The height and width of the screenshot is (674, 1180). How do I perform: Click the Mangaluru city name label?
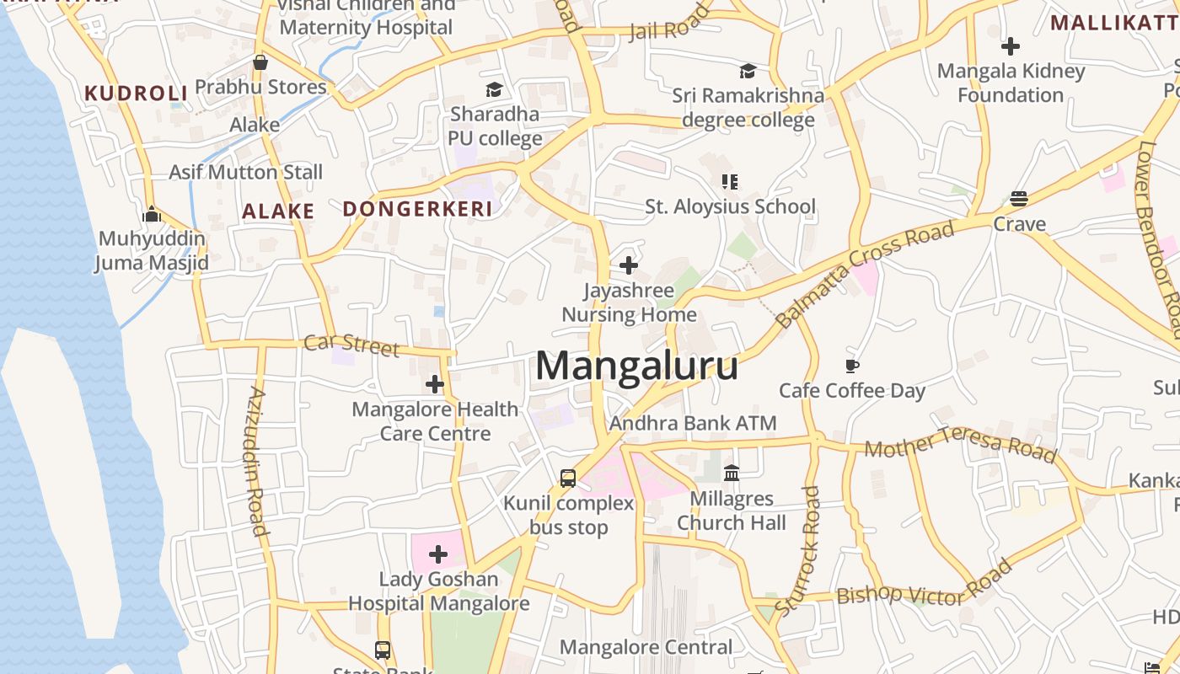coord(636,366)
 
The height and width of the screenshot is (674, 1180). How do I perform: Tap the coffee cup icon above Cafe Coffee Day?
coord(852,366)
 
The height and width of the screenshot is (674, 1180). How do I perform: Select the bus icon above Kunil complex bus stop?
coord(568,479)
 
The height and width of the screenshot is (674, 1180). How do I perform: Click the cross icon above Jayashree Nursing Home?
coord(629,266)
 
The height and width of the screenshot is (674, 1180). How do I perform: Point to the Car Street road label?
coord(351,345)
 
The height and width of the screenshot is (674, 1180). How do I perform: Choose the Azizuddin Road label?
coord(259,461)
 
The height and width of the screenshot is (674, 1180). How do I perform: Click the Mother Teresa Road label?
coord(960,443)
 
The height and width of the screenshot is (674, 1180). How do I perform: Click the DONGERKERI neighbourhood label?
coord(417,209)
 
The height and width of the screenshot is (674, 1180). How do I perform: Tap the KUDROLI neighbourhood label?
coord(135,93)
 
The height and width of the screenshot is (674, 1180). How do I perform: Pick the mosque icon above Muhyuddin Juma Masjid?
coord(152,214)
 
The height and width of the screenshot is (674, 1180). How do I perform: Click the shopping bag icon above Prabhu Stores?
coord(260,62)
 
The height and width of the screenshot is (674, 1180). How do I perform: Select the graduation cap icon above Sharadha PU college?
coord(494,89)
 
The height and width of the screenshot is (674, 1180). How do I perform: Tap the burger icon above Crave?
coord(1019,199)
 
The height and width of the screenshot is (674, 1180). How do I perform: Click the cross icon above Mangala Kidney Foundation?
coord(1011,46)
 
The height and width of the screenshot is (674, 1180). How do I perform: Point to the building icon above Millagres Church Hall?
coord(732,473)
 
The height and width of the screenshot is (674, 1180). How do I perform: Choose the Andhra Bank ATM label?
coord(693,423)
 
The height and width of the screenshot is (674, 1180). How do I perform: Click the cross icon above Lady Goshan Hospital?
coord(438,554)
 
